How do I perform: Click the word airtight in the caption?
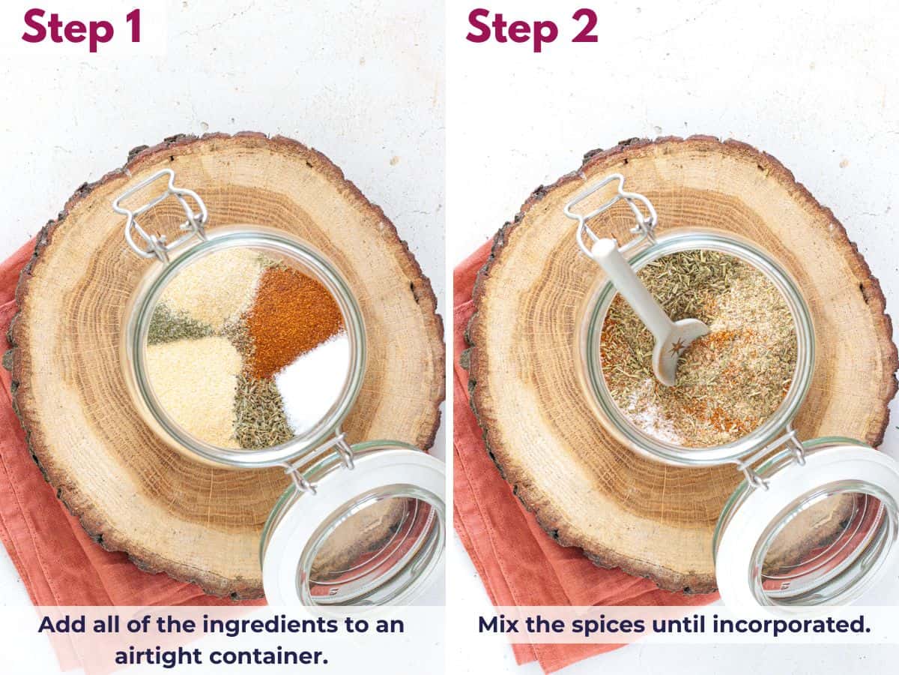pyautogui.click(x=158, y=655)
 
